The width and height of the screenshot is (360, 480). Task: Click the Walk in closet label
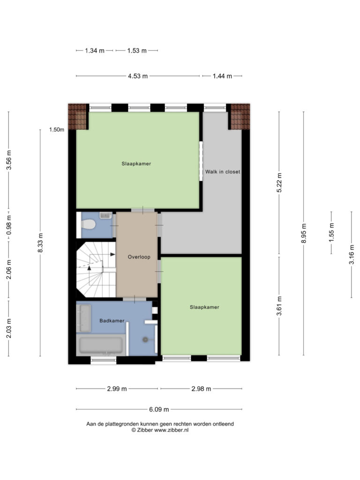tap(223, 172)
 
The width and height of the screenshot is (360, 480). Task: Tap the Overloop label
tap(139, 257)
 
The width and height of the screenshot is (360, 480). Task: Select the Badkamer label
tap(112, 321)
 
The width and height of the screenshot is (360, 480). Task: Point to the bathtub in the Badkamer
tap(101, 345)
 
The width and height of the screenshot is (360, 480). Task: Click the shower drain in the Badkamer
tap(145, 339)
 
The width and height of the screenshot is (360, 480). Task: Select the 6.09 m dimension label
tap(159, 409)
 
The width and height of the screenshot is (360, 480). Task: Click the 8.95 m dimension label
tap(304, 233)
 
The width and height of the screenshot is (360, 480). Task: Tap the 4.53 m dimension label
tap(138, 76)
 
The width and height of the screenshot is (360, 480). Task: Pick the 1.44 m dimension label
tap(222, 76)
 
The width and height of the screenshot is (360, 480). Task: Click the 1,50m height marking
tap(57, 129)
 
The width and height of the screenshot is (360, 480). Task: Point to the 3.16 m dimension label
tap(352, 255)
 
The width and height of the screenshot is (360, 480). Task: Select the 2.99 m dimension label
tap(117, 389)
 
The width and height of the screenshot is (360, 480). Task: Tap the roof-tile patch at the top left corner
tap(77, 117)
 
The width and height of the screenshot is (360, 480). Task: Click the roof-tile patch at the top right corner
tap(240, 117)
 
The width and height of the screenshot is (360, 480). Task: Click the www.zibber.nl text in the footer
tap(172, 430)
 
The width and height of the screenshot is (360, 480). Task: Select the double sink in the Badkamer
tap(83, 318)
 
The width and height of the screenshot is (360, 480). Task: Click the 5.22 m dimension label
tap(279, 183)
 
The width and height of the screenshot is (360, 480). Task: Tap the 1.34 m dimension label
tap(95, 51)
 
